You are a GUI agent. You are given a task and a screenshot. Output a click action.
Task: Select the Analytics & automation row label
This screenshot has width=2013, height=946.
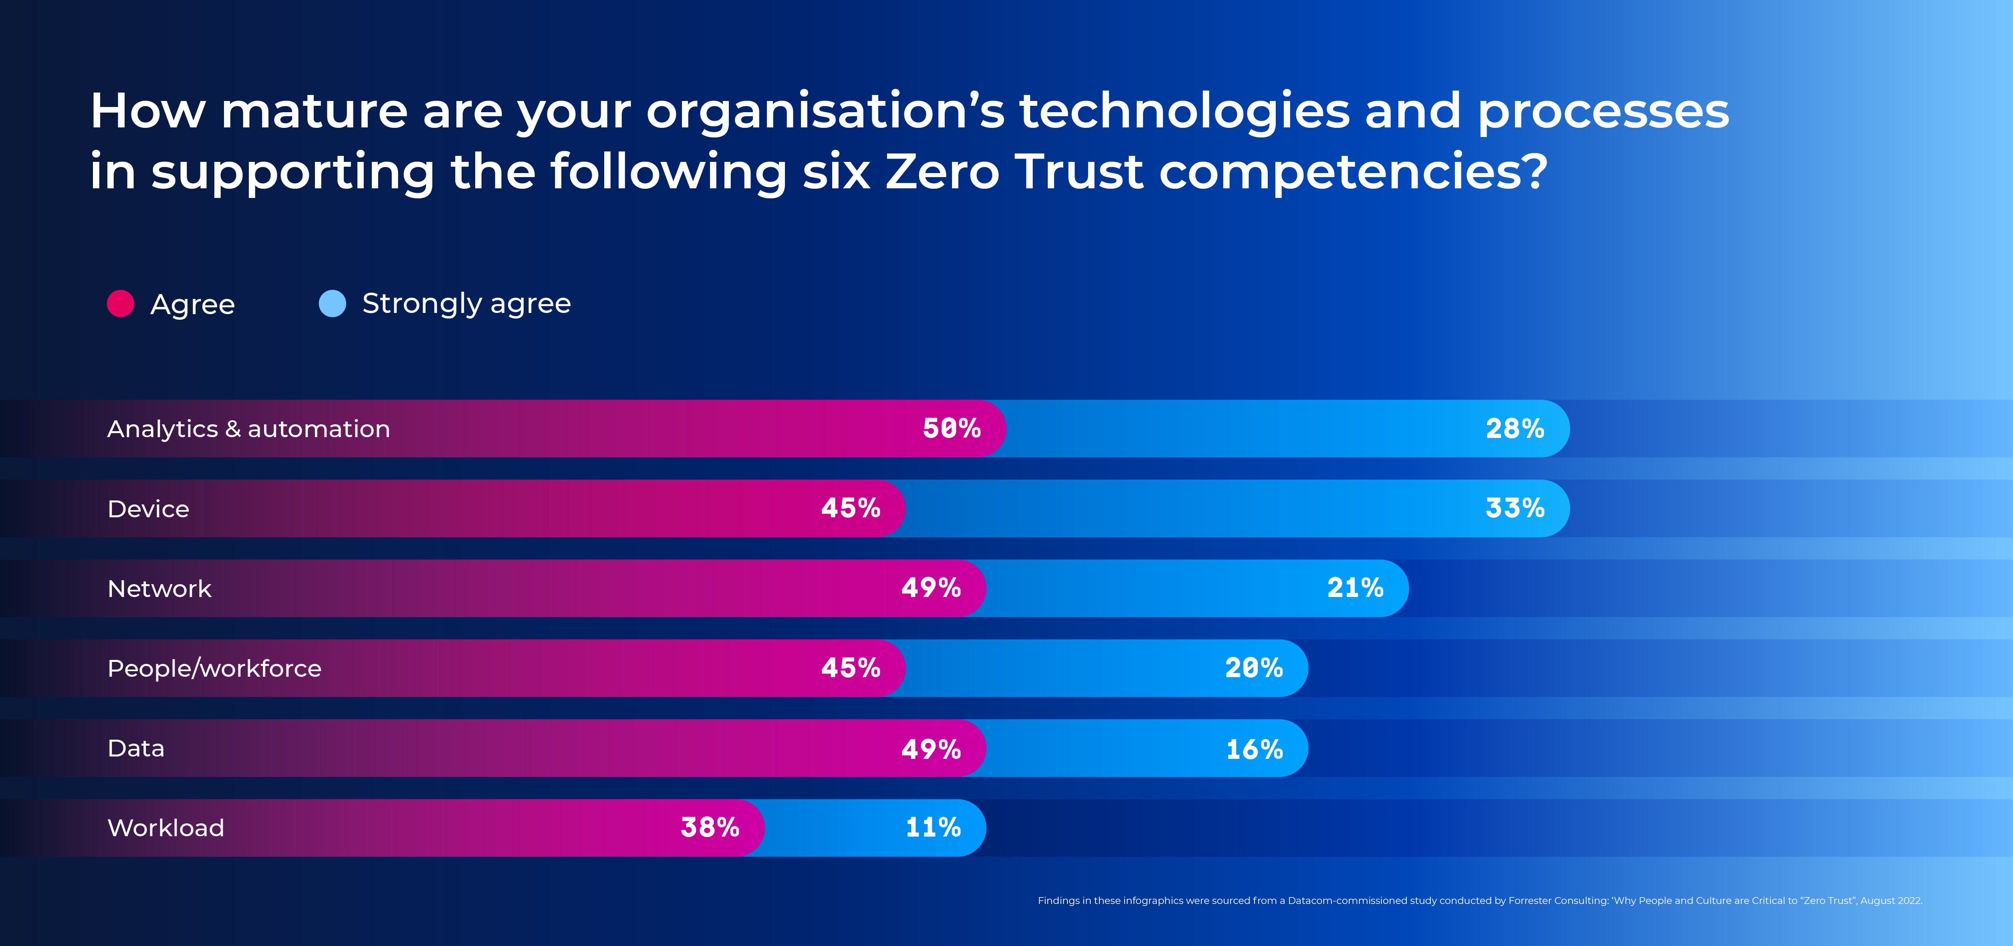point(248,429)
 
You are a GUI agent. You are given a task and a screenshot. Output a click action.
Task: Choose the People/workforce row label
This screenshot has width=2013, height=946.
point(214,669)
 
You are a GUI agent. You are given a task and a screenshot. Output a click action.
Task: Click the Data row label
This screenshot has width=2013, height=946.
point(136,748)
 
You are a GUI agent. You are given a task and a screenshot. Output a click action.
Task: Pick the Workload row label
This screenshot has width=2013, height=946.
point(165,828)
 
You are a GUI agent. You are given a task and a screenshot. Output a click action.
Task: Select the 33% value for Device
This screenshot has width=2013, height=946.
point(1515,508)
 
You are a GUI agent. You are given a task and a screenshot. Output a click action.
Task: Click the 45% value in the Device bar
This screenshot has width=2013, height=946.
point(850,508)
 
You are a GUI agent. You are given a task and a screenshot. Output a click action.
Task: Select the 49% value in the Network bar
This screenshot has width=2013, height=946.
point(931,588)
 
